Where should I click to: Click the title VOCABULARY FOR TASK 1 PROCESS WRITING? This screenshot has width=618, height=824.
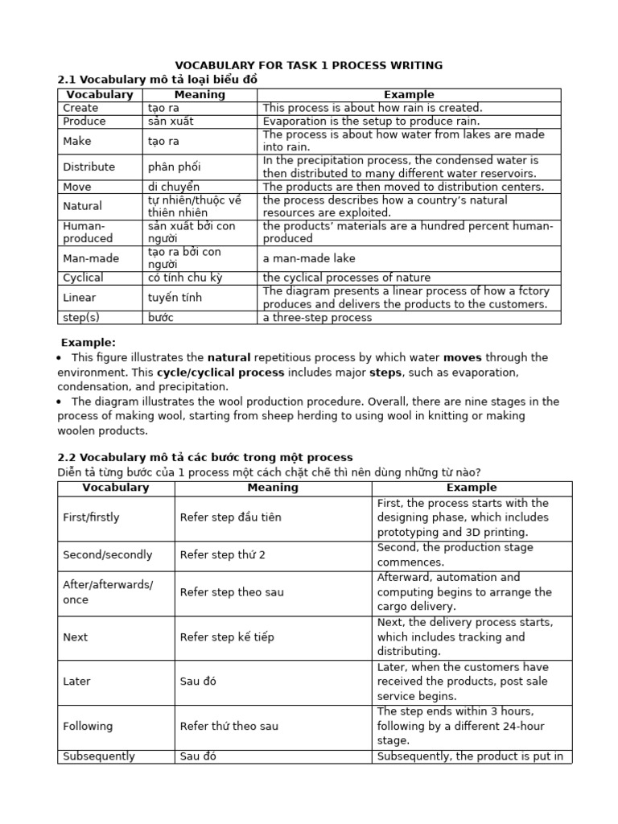pyautogui.click(x=309, y=65)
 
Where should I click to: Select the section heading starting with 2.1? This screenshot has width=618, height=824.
pyautogui.click(x=158, y=80)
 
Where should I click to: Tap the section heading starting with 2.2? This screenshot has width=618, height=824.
pyautogui.click(x=205, y=457)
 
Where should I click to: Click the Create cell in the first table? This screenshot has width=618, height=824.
pyautogui.click(x=80, y=108)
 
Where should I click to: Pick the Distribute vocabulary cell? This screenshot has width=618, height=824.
pyautogui.click(x=89, y=167)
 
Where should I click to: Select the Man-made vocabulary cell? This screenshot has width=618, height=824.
pyautogui.click(x=90, y=258)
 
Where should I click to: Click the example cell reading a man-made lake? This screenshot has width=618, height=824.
pyautogui.click(x=309, y=258)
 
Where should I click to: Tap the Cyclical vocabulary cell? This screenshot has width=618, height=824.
pyautogui.click(x=83, y=278)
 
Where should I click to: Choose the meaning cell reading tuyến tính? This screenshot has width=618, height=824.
pyautogui.click(x=175, y=298)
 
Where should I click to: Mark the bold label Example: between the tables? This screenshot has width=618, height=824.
pyautogui.click(x=89, y=342)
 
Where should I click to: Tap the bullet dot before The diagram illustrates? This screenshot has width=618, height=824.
pyautogui.click(x=60, y=402)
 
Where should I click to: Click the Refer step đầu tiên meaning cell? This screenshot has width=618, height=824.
pyautogui.click(x=230, y=517)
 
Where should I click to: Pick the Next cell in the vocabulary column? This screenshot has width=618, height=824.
pyautogui.click(x=76, y=637)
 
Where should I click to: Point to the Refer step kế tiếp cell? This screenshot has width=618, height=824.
pyautogui.click(x=227, y=637)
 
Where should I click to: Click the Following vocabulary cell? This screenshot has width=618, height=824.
pyautogui.click(x=88, y=727)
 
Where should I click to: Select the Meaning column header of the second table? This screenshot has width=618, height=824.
pyautogui.click(x=273, y=488)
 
